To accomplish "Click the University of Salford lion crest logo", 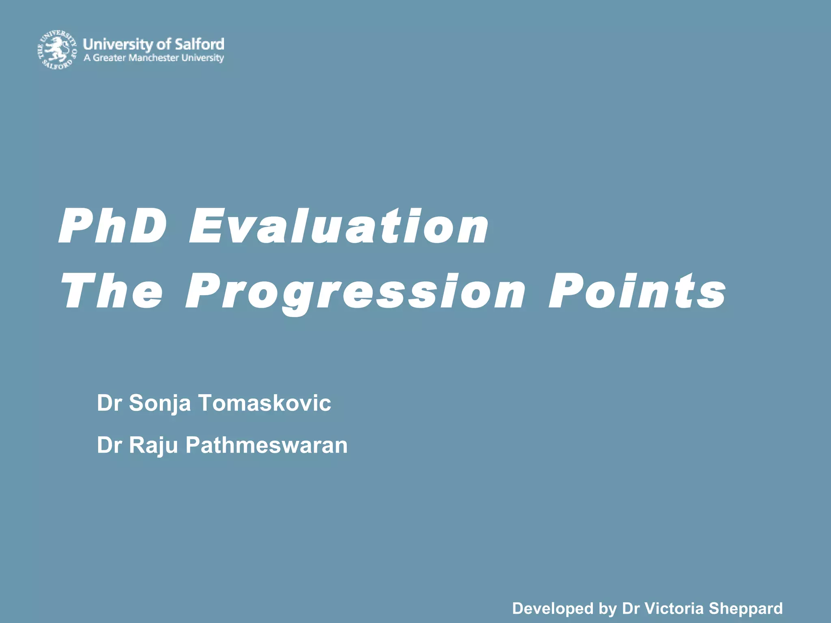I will pyautogui.click(x=57, y=49).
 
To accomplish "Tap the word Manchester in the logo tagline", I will pyautogui.click(x=153, y=58).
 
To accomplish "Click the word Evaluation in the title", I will pyautogui.click(x=339, y=226).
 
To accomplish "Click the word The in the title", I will pyautogui.click(x=112, y=291).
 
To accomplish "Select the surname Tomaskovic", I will pyautogui.click(x=265, y=403).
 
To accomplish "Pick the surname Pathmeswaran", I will pyautogui.click(x=267, y=445).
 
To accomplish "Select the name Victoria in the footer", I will pyautogui.click(x=674, y=608).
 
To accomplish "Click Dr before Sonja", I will pyautogui.click(x=109, y=403).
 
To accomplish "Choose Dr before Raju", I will pyautogui.click(x=109, y=445).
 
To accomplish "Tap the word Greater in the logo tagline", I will pyautogui.click(x=109, y=58).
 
